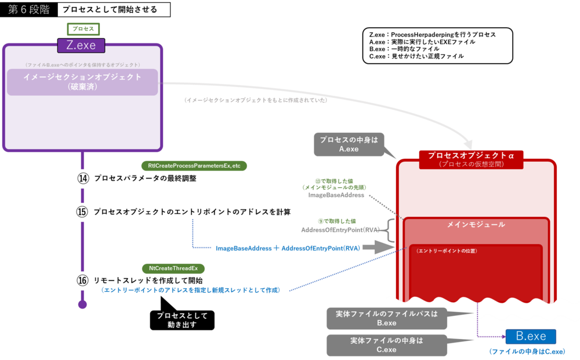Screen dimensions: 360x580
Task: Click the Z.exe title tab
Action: [81, 45]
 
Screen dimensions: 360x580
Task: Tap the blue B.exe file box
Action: [531, 336]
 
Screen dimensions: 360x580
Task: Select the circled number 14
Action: [82, 179]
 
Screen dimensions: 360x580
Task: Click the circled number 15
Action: [82, 212]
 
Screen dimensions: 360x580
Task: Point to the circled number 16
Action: [82, 280]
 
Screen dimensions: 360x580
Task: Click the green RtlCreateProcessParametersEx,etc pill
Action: [194, 166]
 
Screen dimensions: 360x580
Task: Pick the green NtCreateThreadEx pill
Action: [173, 268]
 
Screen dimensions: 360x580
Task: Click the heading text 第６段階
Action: [29, 10]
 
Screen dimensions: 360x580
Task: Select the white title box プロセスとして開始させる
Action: [114, 10]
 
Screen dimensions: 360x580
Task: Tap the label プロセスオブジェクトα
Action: [471, 155]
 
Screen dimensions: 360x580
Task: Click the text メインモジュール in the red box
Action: [476, 224]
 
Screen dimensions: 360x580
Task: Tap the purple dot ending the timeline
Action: [82, 304]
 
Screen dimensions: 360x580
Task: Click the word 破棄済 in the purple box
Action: [82, 88]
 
